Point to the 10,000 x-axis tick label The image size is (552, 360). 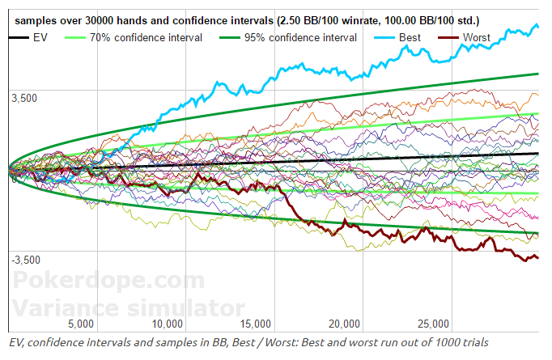click(x=166, y=324)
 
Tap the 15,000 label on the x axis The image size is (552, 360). click(x=255, y=324)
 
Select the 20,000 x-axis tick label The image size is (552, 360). click(x=344, y=324)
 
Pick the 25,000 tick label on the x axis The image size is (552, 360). click(x=433, y=324)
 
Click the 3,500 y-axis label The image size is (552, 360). click(x=24, y=98)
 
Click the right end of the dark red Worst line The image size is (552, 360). click(x=537, y=257)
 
